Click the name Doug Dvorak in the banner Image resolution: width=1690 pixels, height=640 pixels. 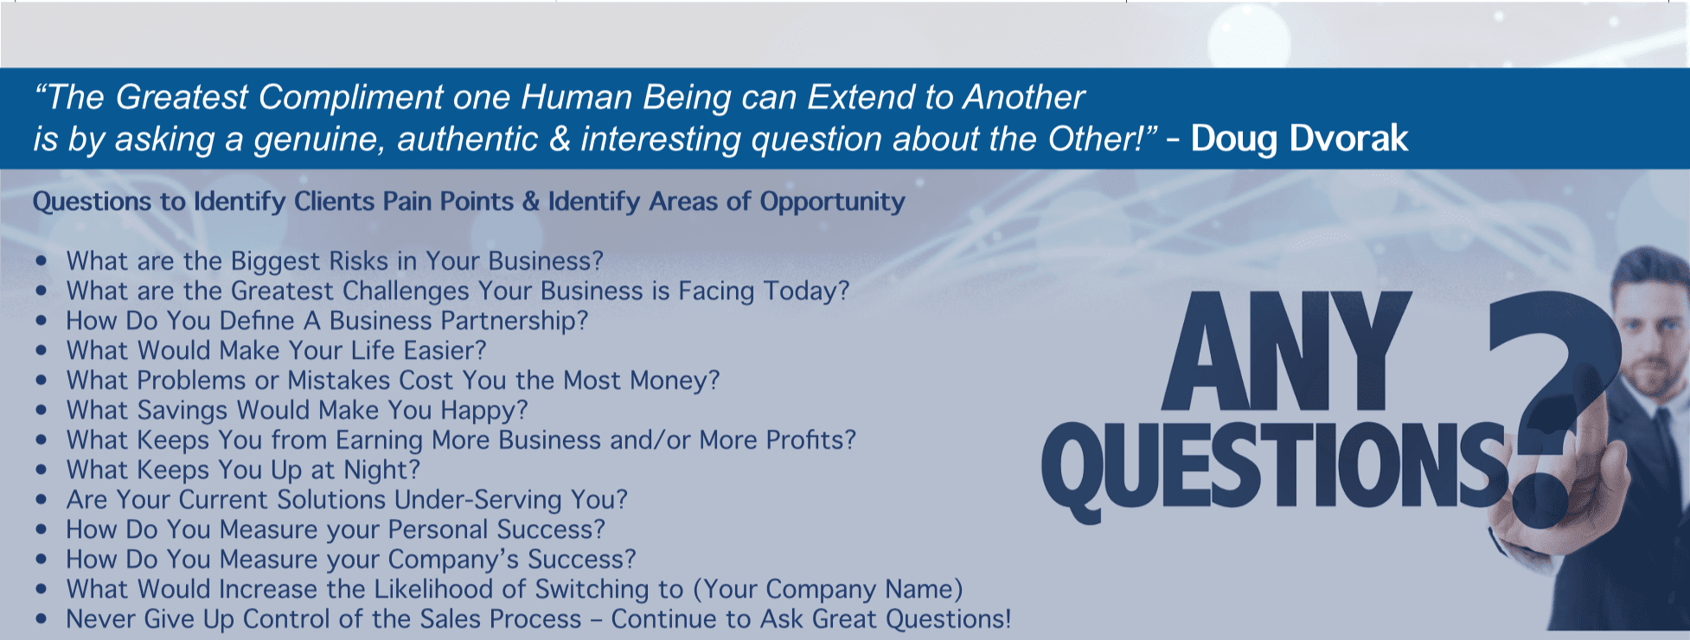point(1299,138)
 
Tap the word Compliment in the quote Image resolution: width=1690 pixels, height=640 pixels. point(351,98)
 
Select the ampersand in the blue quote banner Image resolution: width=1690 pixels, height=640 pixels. point(560,139)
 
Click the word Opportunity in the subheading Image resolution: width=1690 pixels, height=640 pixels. point(832,202)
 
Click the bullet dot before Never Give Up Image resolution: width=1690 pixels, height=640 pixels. point(42,619)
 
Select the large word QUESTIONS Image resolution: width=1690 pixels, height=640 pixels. point(1276,468)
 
